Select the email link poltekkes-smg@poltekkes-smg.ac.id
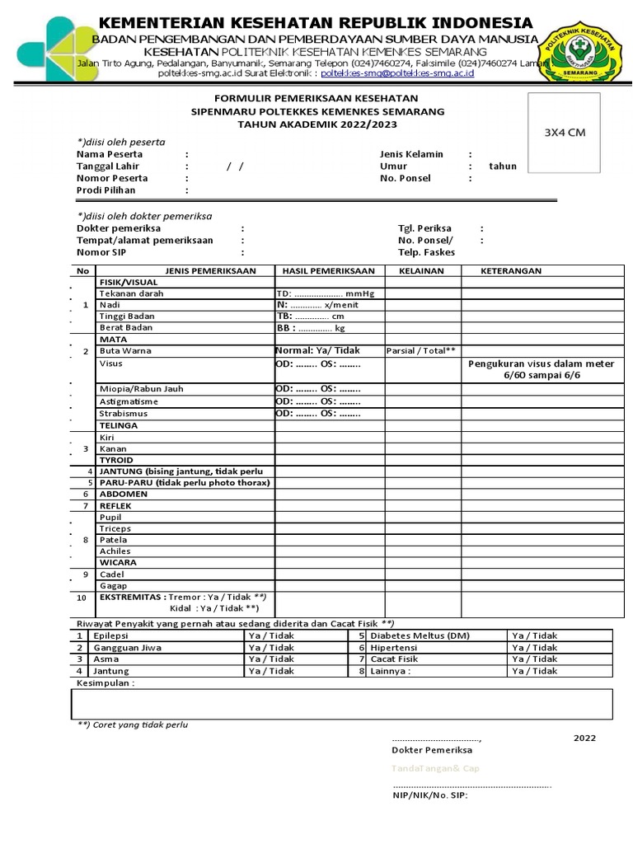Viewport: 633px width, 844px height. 397,73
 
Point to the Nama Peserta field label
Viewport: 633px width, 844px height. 110,154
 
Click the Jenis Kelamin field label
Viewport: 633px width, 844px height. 411,154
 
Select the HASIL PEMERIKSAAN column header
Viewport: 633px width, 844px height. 328,270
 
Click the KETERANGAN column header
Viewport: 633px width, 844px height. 512,270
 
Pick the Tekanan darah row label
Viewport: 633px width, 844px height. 131,293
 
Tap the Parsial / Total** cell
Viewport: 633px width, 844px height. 421,351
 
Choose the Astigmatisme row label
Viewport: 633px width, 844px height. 129,401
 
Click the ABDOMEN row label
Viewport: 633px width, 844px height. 124,494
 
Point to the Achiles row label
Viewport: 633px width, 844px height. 115,551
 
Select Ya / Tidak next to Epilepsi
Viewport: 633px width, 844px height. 271,636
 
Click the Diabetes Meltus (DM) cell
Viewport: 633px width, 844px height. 420,636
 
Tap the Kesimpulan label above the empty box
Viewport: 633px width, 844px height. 105,683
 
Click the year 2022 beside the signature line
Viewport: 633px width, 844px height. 584,738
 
